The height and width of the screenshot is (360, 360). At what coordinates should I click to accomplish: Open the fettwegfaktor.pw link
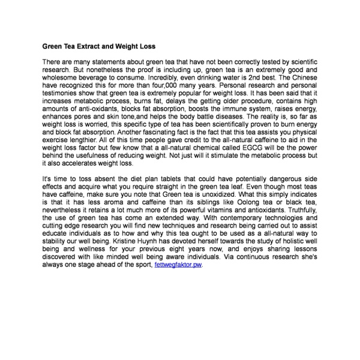[178, 265]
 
